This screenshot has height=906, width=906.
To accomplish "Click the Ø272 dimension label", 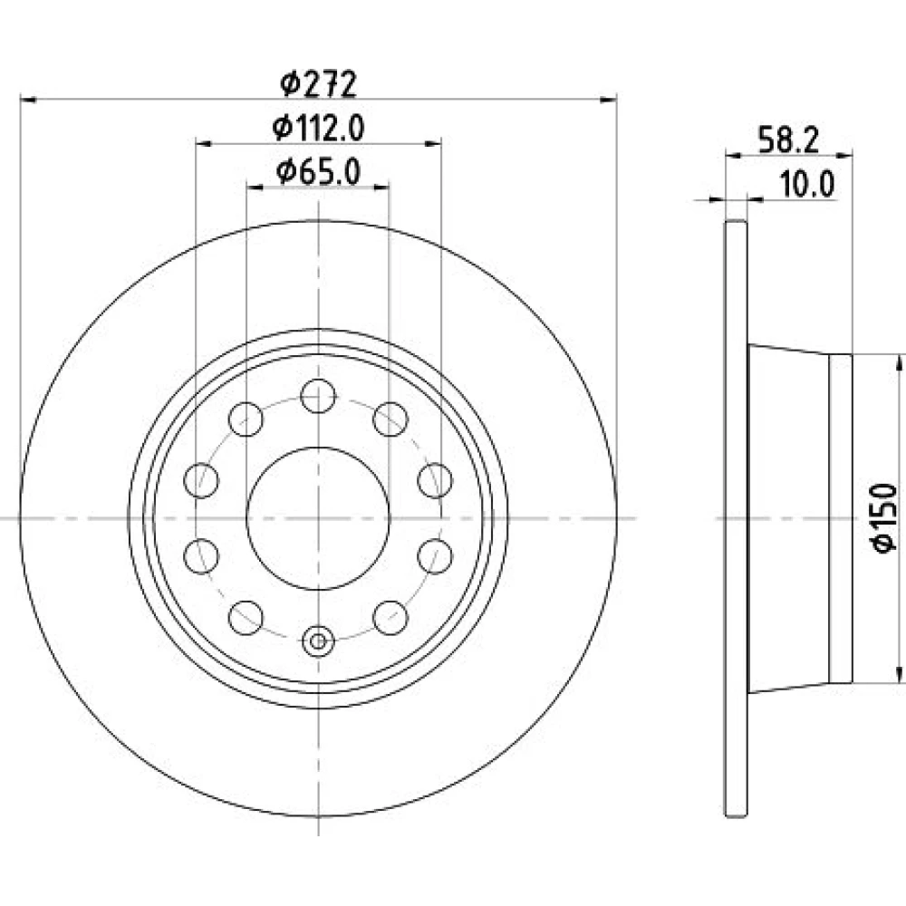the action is tap(318, 84).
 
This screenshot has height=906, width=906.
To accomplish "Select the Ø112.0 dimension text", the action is tap(318, 128).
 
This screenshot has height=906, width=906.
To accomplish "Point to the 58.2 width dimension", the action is tap(788, 140).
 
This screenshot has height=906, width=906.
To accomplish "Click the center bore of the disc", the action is tap(318, 518).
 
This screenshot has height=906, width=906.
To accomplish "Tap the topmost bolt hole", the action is tap(318, 396).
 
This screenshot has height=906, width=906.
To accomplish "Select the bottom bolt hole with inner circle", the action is tap(318, 641).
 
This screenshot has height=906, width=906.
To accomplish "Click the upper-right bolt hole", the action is tap(390, 419).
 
